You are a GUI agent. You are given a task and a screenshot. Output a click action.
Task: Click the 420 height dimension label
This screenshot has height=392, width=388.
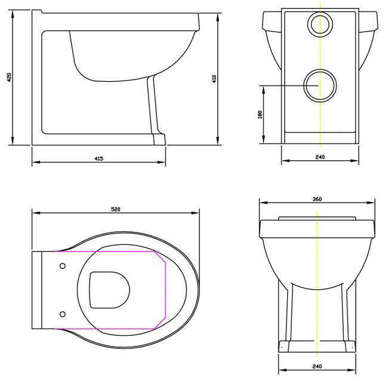(9, 78)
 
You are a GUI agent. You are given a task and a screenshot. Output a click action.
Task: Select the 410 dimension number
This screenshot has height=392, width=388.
(214, 79)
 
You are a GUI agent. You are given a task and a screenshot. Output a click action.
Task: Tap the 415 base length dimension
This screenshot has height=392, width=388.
(99, 158)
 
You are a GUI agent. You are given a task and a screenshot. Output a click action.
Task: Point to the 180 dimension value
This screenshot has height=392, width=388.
(260, 115)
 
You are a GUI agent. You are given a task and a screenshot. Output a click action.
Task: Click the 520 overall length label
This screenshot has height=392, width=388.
(116, 209)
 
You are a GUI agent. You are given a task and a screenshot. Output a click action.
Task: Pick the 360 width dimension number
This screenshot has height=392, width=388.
(317, 199)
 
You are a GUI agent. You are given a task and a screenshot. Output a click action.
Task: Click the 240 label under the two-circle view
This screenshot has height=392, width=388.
(320, 157)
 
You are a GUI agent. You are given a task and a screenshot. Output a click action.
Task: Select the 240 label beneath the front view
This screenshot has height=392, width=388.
(317, 366)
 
